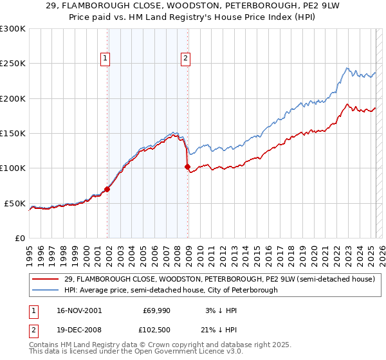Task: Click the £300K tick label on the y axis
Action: [x=13, y=29]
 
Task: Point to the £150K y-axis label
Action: [x=13, y=134]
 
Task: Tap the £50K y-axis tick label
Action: [x=15, y=203]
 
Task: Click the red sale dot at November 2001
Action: [x=107, y=189]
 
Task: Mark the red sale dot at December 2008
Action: [x=188, y=166]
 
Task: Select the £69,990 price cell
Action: [x=156, y=310]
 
